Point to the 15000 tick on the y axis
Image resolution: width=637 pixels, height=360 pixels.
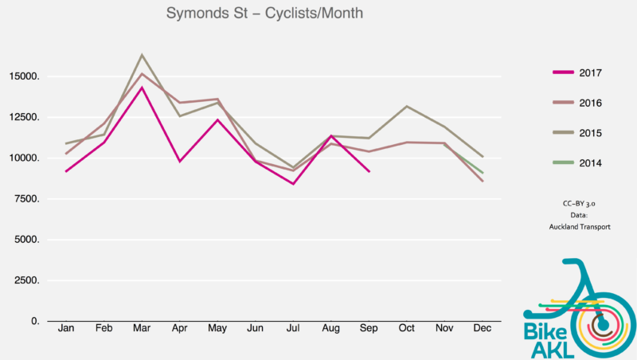click(24, 77)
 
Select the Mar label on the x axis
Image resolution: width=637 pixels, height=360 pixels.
click(142, 328)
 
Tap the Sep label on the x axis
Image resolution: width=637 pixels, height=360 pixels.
click(369, 328)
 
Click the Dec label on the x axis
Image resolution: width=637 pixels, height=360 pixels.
click(482, 328)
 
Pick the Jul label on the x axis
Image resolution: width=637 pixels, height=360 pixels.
click(293, 328)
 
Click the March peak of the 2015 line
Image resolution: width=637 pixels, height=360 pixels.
click(142, 55)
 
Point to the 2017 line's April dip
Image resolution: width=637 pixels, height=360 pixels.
click(180, 162)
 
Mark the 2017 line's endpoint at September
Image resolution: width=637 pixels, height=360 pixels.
click(369, 171)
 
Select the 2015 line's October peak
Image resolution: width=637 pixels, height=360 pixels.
click(407, 106)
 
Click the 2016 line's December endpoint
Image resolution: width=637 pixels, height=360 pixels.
click(483, 181)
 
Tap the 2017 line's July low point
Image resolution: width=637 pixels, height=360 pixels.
click(293, 184)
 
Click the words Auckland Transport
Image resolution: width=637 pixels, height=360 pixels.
click(579, 226)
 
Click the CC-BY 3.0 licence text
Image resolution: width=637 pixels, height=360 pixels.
click(579, 204)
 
